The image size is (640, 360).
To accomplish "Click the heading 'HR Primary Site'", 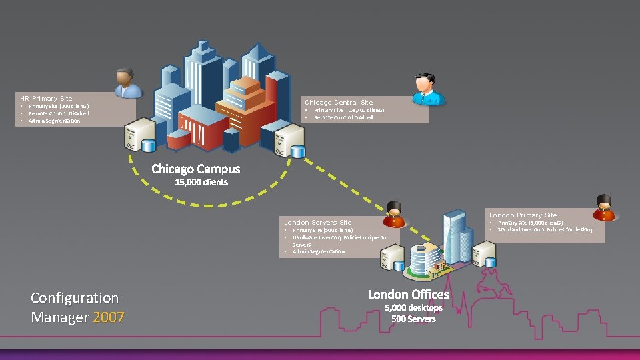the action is click(46, 99).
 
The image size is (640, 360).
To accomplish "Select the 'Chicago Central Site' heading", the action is click(339, 103).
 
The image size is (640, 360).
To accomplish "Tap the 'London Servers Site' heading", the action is click(317, 222).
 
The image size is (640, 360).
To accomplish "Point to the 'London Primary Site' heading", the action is click(523, 215).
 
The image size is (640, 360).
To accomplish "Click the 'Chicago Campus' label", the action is click(195, 169).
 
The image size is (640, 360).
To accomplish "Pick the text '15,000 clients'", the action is click(201, 182).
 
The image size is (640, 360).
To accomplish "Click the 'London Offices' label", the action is click(408, 294).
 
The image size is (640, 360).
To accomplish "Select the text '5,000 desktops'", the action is click(413, 308).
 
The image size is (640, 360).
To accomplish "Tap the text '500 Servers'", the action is click(413, 319).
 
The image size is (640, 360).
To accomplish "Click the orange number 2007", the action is click(109, 317).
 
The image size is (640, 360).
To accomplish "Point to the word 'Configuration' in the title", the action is click(75, 298).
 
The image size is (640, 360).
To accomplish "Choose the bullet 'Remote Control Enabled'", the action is click(343, 117).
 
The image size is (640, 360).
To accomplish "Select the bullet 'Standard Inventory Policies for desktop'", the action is click(545, 229).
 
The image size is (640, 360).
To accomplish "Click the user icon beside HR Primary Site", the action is click(127, 83).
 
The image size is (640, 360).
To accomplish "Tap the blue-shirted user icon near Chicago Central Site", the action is click(427, 90).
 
